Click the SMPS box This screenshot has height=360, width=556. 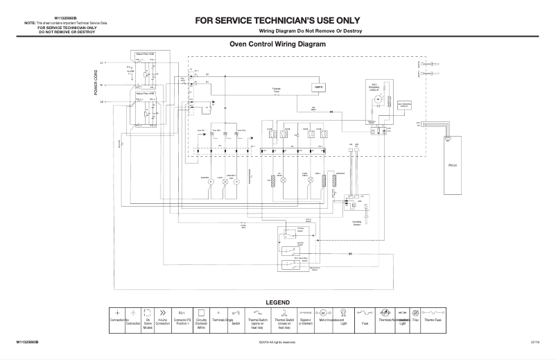coord(319,87)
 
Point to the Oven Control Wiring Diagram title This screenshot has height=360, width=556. coord(277,44)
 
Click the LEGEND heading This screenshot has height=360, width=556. coord(277,302)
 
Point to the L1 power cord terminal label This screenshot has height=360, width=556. coord(103,63)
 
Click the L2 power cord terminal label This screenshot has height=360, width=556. coord(103,102)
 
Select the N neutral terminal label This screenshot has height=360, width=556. coord(103,85)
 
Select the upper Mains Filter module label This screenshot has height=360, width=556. coord(145,54)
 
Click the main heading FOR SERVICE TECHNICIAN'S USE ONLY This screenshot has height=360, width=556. coord(277,20)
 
